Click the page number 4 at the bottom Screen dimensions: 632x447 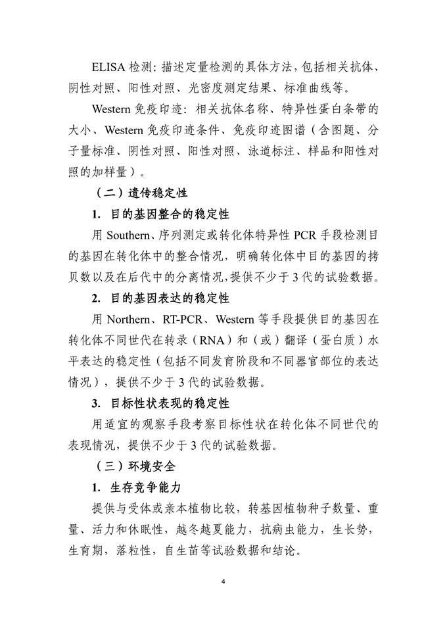(223, 582)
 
